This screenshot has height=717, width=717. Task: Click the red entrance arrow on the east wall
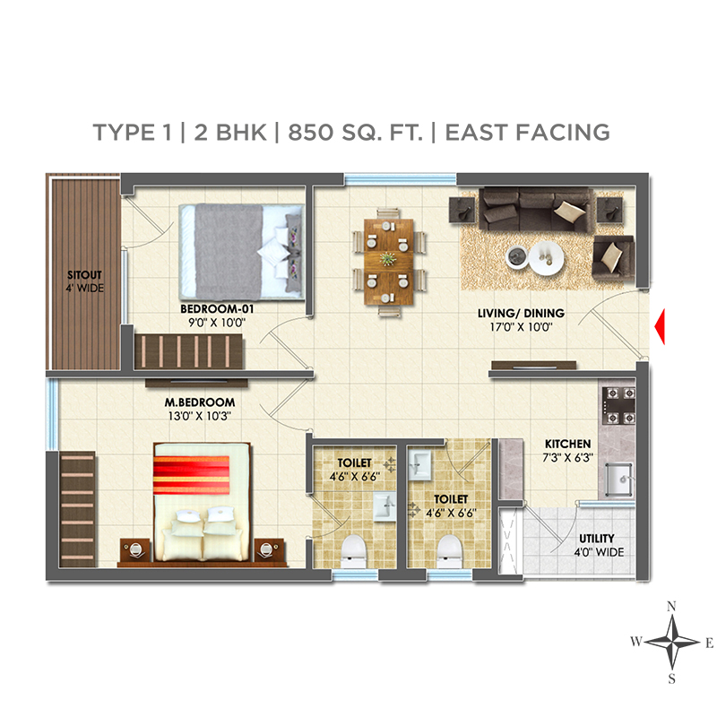coord(661,326)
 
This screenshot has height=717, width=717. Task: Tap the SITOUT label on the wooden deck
coord(84,275)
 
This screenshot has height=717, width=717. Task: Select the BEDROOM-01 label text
coord(217,308)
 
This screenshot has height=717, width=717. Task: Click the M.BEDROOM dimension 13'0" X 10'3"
coord(199,416)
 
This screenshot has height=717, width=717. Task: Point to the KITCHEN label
coord(567,444)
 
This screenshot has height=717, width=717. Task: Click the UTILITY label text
coord(596,539)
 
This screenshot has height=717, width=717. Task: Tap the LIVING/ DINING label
coord(521,313)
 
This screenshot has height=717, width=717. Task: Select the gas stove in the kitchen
coord(618,405)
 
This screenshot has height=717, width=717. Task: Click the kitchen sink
coord(619,479)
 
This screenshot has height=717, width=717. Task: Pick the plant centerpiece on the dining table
coord(388,259)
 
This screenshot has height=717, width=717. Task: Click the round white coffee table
coord(546,258)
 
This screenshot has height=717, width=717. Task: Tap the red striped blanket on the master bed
coord(191,475)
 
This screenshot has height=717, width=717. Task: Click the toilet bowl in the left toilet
coord(354,551)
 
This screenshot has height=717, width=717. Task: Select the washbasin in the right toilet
coord(419,465)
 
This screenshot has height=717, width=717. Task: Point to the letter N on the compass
coord(670,607)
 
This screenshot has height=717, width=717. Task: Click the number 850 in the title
coord(310,132)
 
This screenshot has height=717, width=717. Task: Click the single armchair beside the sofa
coord(613,257)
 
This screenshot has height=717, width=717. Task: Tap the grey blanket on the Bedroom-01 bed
coord(229,252)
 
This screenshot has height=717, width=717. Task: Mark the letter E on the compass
coord(709,644)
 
